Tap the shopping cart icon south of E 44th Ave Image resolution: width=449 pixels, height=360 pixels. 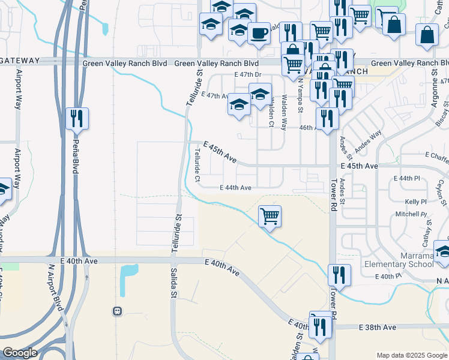[270, 215]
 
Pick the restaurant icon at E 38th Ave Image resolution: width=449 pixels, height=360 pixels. [320, 326]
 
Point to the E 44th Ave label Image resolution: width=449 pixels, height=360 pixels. [235, 188]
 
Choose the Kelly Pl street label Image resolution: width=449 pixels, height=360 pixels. [415, 202]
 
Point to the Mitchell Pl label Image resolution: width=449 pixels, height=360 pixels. [411, 214]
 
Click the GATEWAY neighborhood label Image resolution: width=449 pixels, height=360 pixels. [20, 61]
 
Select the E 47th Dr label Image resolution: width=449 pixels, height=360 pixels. [250, 75]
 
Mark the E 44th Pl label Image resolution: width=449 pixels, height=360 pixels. [407, 179]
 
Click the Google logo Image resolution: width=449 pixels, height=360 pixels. [20, 353]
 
